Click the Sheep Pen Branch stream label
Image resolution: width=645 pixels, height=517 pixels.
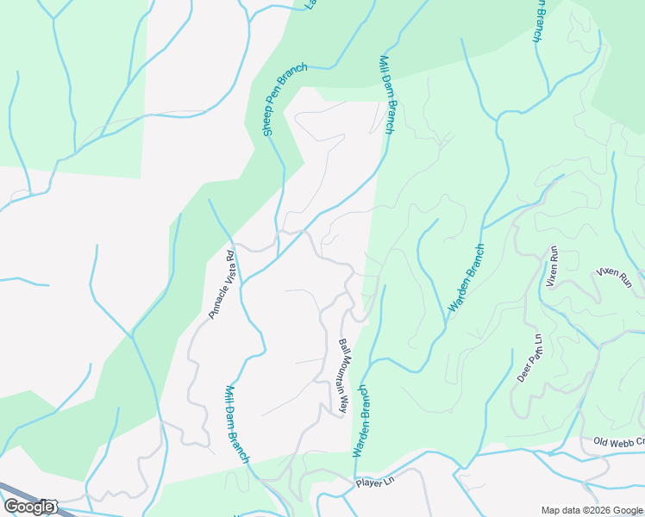click(281, 100)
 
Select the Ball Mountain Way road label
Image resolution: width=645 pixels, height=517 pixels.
click(343, 377)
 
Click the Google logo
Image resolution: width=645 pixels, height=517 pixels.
click(28, 507)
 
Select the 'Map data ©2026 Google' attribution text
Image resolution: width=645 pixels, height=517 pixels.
click(592, 510)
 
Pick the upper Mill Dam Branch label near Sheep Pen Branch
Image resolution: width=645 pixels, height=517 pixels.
click(387, 95)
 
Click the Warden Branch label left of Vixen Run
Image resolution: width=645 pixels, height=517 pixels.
click(467, 278)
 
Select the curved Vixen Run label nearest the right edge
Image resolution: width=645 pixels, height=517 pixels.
click(615, 277)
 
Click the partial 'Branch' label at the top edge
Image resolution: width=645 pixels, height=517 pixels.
click(539, 19)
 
